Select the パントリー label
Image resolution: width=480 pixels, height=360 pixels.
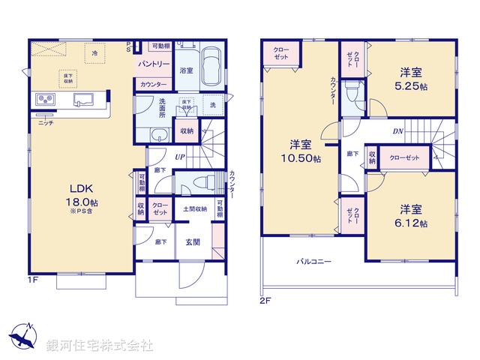pos(151,65)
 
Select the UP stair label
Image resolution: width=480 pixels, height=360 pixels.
pos(180,157)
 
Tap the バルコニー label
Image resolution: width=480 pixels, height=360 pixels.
pos(313,262)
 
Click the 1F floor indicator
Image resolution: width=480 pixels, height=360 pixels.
pos(32,280)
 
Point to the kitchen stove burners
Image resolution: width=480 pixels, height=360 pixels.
pos(43,100)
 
